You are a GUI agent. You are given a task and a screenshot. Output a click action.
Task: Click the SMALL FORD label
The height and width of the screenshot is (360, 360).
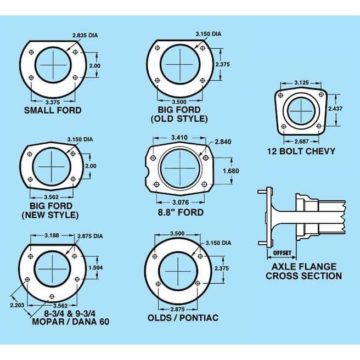53,110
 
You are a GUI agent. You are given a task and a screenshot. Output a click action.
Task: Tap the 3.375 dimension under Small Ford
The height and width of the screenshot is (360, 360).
53,102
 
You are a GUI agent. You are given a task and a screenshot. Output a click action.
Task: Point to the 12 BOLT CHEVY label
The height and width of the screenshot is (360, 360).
301,151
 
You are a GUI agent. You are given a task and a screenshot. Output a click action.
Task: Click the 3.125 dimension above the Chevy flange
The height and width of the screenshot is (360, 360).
301,83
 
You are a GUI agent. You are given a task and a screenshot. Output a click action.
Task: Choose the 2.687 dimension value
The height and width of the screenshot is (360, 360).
301,142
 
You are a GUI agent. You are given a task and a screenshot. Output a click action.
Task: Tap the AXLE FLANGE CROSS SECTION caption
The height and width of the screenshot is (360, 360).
303,271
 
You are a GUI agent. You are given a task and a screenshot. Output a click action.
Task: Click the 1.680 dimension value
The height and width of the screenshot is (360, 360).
230,171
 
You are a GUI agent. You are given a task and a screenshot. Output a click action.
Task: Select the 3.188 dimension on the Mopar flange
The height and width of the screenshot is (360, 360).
53,236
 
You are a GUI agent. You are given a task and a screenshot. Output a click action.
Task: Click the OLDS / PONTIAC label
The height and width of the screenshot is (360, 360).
183,318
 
